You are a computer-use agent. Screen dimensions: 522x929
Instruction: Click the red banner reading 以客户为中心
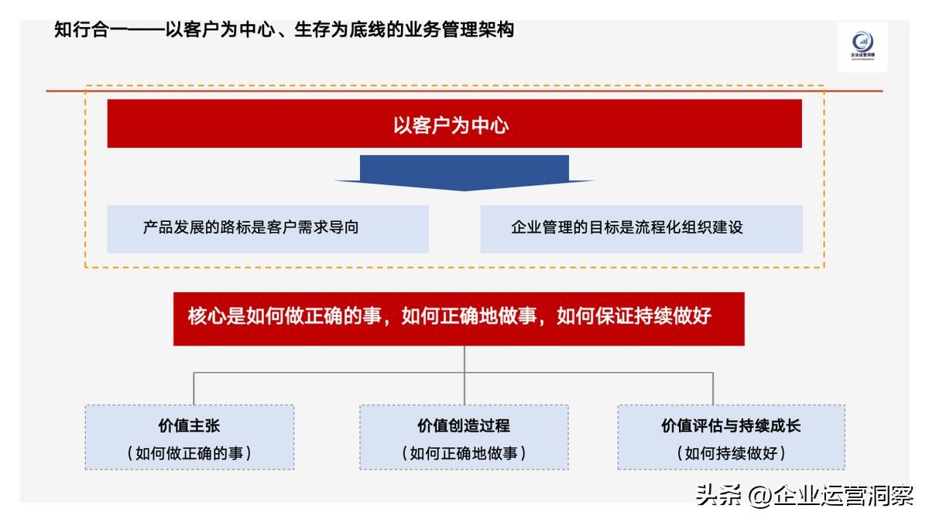[454, 124]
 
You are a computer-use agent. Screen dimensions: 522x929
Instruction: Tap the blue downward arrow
[464, 172]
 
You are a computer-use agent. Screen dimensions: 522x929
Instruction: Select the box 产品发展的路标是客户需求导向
[268, 228]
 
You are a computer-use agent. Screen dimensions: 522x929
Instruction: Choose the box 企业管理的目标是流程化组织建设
[641, 228]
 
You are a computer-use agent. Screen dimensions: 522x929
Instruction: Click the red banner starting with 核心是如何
[458, 318]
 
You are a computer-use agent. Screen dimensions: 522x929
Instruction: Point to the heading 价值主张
[190, 425]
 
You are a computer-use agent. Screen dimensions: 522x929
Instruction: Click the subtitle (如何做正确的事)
[190, 453]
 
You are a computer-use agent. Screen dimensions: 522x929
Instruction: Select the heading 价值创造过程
[464, 425]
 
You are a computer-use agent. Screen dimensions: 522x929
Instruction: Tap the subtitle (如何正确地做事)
[464, 453]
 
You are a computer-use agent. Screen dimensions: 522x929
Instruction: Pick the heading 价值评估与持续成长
[731, 425]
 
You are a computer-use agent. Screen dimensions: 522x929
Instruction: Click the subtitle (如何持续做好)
[731, 453]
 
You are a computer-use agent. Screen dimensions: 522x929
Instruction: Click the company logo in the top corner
[862, 46]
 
